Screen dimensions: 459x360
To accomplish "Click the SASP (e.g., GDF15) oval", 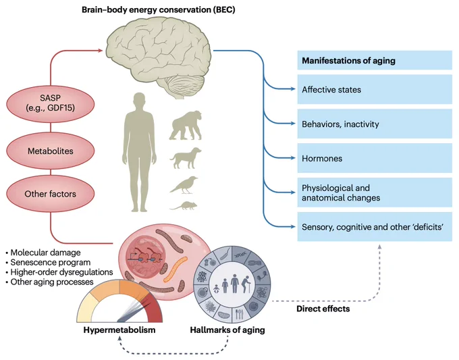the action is click(51, 104).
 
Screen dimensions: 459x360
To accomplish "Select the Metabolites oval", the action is click(51, 151).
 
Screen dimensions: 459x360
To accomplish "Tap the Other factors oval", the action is click(51, 194).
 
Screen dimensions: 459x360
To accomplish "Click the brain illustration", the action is click(159, 57).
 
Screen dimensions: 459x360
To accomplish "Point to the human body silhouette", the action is click(139, 153).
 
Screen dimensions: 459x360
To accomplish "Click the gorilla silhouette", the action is click(186, 126).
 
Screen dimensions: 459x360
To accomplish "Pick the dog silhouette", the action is click(186, 158).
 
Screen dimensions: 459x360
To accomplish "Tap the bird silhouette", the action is click(184, 185).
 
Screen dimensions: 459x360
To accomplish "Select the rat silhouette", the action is click(183, 205).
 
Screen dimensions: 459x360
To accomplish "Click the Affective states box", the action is click(375, 89).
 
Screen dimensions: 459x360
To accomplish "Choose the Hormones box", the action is click(375, 158).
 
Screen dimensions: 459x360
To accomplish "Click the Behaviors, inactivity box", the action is click(375, 124).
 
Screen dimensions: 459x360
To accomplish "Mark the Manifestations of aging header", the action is click(375, 60).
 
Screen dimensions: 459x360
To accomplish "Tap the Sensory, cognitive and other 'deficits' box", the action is click(375, 227).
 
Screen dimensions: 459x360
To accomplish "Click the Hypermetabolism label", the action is click(119, 330).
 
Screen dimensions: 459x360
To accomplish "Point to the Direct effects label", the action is click(323, 309).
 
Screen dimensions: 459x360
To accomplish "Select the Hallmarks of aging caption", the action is click(227, 330).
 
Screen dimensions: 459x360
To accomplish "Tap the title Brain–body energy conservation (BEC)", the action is click(159, 9).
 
